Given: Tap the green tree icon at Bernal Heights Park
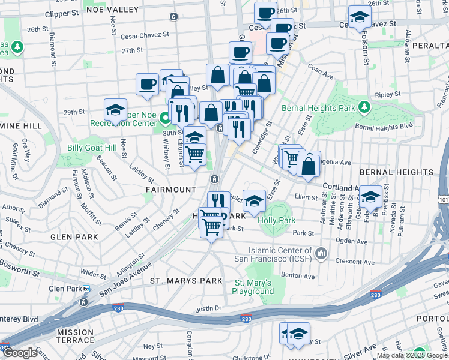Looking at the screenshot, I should pos(363,107).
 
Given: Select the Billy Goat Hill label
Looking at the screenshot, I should pos(91,148).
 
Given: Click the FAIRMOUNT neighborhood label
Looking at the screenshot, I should pos(171,189).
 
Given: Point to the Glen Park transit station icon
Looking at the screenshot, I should pos(86,289).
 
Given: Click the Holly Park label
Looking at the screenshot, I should pos(276,220).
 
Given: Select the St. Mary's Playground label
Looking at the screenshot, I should pos(254,287).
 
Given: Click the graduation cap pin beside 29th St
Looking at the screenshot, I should pos(115,110).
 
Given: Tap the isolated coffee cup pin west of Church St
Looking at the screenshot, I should pos(147,85).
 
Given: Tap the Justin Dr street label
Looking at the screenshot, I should pos(209,309).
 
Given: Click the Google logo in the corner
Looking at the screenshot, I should pos(19,353).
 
